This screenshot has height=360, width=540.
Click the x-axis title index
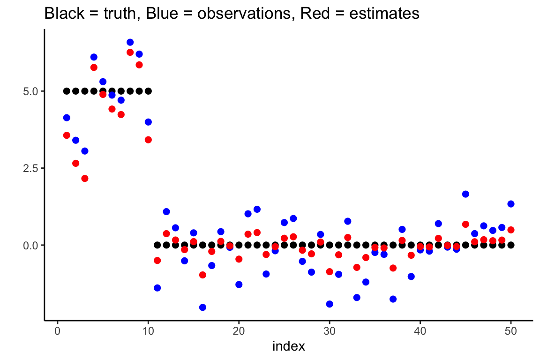(x=289, y=346)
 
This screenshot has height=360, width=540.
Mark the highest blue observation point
(x=130, y=43)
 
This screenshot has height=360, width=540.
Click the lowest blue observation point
(x=202, y=307)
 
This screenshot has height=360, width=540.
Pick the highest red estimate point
(x=130, y=52)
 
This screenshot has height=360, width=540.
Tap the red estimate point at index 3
(x=85, y=178)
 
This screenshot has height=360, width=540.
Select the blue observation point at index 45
(x=465, y=194)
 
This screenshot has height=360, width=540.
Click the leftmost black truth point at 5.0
(x=67, y=91)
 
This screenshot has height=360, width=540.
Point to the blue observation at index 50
(x=511, y=204)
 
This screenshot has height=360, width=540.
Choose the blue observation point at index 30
(x=330, y=304)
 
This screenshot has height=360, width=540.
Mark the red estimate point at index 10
(x=148, y=139)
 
